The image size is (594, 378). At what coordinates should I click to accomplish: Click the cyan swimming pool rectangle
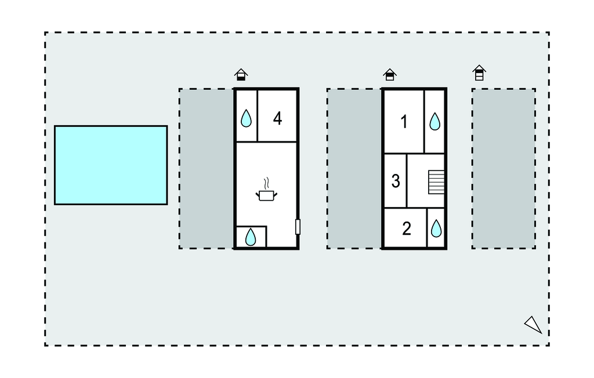111,165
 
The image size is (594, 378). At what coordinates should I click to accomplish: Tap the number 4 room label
278,118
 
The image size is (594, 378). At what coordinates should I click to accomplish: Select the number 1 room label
404,122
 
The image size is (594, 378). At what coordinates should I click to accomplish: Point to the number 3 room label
396,181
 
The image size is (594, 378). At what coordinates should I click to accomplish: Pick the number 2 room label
407,228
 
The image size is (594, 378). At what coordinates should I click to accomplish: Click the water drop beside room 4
246,118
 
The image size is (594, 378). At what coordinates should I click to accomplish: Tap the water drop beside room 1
435,121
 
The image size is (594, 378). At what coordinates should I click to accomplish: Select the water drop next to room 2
436,228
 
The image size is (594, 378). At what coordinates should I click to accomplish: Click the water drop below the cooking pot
251,237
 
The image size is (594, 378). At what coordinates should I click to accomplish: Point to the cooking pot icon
267,195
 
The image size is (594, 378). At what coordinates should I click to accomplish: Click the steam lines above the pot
267,183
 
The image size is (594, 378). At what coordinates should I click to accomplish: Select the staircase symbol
436,182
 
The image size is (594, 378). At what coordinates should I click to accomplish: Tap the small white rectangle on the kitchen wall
298,227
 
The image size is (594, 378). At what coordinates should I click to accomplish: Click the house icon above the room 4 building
241,75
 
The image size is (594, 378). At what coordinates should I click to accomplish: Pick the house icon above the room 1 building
390,75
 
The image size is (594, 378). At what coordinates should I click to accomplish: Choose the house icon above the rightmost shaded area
479,72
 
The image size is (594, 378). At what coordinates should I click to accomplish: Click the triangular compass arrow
534,325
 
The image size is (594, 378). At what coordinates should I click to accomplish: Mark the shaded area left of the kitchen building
207,169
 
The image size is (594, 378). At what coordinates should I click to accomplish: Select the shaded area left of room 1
354,169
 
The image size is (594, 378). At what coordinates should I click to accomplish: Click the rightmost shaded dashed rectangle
504,169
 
